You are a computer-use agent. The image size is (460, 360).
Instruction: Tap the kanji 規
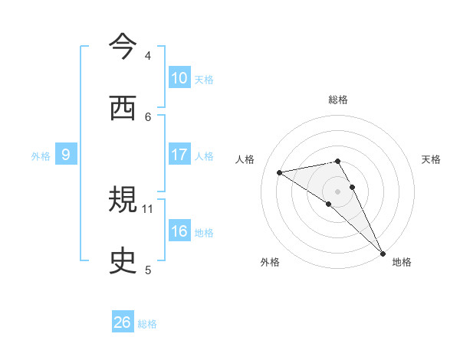click(x=123, y=201)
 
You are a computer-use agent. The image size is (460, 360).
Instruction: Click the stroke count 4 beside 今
click(x=148, y=56)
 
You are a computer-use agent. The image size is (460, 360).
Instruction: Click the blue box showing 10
click(x=179, y=77)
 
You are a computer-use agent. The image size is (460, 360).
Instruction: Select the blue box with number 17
click(x=179, y=155)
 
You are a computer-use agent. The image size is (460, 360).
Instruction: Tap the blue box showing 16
click(x=179, y=231)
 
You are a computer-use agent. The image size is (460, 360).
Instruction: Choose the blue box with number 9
click(x=66, y=155)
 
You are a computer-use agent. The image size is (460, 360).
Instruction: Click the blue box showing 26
click(x=123, y=322)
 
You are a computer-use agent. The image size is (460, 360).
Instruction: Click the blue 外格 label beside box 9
click(x=41, y=156)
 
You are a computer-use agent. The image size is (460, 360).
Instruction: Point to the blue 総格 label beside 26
click(x=147, y=324)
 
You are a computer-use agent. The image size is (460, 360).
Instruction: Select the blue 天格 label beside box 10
click(x=204, y=79)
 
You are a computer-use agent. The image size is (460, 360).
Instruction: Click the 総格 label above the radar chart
click(x=338, y=100)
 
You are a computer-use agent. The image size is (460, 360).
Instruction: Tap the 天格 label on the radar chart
click(x=431, y=159)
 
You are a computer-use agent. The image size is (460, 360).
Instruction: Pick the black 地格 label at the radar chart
click(x=402, y=263)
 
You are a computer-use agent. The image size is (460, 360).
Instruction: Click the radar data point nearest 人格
click(x=280, y=172)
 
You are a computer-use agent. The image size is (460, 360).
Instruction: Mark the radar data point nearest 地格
click(x=382, y=253)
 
